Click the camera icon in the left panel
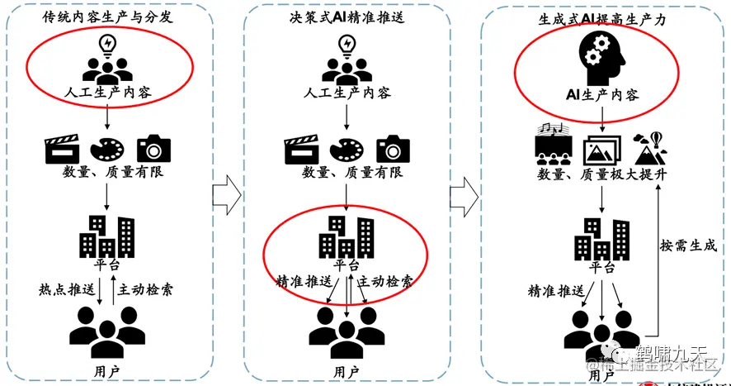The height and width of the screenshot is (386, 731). pyautogui.click(x=153, y=148)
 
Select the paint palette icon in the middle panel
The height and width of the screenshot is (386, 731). pyautogui.click(x=346, y=148)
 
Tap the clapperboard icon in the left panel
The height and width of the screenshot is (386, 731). pyautogui.click(x=59, y=148)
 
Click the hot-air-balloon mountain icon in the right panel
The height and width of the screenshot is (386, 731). pyautogui.click(x=650, y=149)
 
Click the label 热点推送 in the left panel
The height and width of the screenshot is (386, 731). pyautogui.click(x=65, y=290)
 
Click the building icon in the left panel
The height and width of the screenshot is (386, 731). pyautogui.click(x=106, y=236)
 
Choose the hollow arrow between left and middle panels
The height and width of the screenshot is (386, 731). pyautogui.click(x=226, y=194)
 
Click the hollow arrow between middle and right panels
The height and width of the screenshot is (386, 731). pyautogui.click(x=465, y=194)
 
